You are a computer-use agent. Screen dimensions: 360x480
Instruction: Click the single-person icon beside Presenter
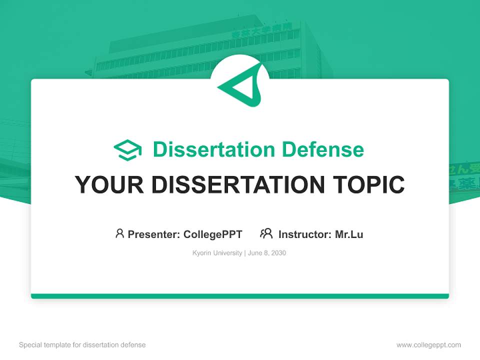(x=119, y=233)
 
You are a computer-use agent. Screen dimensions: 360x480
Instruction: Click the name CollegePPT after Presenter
(x=213, y=234)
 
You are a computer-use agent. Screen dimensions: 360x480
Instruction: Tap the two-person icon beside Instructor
(x=266, y=233)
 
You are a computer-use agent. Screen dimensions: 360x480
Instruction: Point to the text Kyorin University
(x=217, y=253)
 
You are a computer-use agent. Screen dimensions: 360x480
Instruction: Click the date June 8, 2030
(x=267, y=253)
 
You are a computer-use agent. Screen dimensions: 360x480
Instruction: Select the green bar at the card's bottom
(x=240, y=296)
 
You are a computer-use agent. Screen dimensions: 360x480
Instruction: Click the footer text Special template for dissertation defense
(x=82, y=345)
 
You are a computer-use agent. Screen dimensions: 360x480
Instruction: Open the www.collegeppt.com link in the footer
(x=428, y=345)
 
